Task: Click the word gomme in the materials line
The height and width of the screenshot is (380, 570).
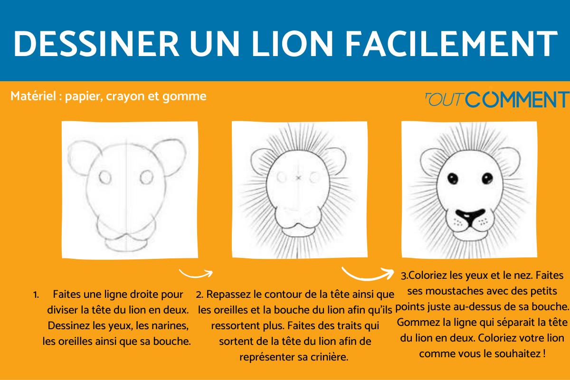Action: [191, 96]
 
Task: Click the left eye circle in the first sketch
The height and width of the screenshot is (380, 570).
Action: [104, 177]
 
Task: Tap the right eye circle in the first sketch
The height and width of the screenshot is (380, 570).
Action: [147, 177]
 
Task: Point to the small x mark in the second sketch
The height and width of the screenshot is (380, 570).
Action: [298, 178]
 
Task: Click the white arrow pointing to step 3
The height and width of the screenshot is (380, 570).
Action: [368, 274]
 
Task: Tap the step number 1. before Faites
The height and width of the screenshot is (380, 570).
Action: [36, 294]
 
